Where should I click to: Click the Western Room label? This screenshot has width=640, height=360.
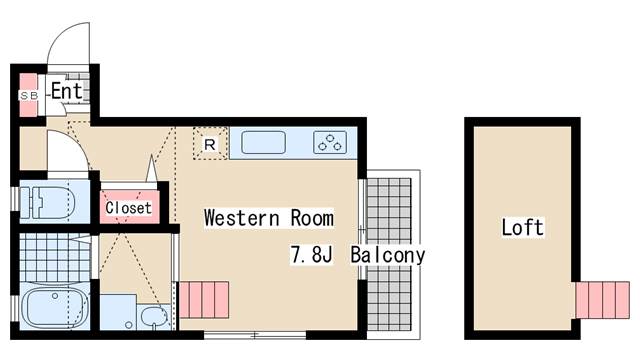coord(269,218)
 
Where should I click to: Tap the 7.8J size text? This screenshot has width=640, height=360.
coord(311,255)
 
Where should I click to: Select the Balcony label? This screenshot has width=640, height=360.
coord(387,256)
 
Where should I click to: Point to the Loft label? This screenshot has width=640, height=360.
coord(522,227)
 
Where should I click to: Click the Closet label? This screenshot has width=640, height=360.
coord(129,207)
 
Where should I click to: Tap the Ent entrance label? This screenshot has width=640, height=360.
coord(67,91)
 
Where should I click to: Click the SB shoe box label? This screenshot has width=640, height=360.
coord(29,96)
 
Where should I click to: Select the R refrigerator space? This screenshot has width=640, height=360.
coord(210,143)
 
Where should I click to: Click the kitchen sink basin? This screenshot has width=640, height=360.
coord(263,142)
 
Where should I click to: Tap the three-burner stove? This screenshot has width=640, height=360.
coord(330,142)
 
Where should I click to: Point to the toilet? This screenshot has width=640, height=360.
coord(48,203)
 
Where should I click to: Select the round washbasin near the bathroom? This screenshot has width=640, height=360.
coord(154,317)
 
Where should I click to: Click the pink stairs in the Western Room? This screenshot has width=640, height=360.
coord(204,300)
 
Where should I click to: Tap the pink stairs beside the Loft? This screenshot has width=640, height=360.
coord(602,300)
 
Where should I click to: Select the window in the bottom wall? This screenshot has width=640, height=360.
coord(255,336)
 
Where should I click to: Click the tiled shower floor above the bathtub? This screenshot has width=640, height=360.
coord(55,257)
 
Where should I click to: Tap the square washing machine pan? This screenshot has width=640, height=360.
coord(118,312)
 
